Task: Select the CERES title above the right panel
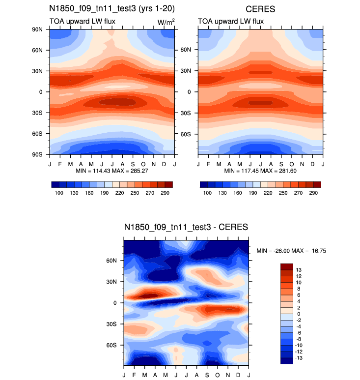pyautogui.click(x=260, y=8)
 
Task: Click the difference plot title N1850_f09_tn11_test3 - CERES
pyautogui.click(x=186, y=227)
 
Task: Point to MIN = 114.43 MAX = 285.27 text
pyautogui.click(x=112, y=171)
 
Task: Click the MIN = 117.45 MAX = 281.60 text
pyautogui.click(x=260, y=171)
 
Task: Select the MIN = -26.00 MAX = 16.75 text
pyautogui.click(x=291, y=251)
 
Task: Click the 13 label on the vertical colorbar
pyautogui.click(x=299, y=270)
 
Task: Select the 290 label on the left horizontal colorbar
pyautogui.click(x=165, y=193)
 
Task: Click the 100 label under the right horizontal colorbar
pyautogui.click(x=208, y=193)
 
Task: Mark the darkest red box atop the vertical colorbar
pyautogui.click(x=287, y=266)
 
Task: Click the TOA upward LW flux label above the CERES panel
pyautogui.click(x=230, y=22)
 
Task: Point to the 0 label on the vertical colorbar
pyautogui.click(x=298, y=314)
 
